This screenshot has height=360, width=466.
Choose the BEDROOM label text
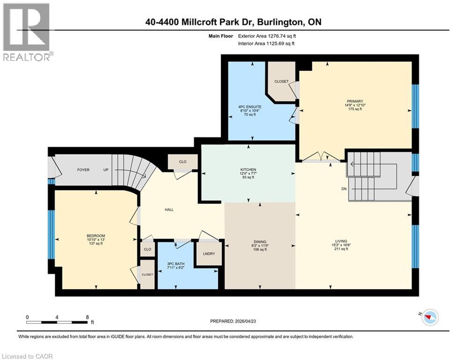pos(96,235)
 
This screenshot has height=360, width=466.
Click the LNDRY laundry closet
pos(208,254)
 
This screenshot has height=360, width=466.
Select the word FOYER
pos(83,169)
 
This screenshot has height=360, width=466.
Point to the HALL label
pos(169,210)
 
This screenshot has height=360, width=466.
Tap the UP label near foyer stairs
pos(106,169)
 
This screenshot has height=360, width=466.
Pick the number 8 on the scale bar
pos(88,317)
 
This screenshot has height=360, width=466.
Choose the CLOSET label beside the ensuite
pos(281,81)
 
